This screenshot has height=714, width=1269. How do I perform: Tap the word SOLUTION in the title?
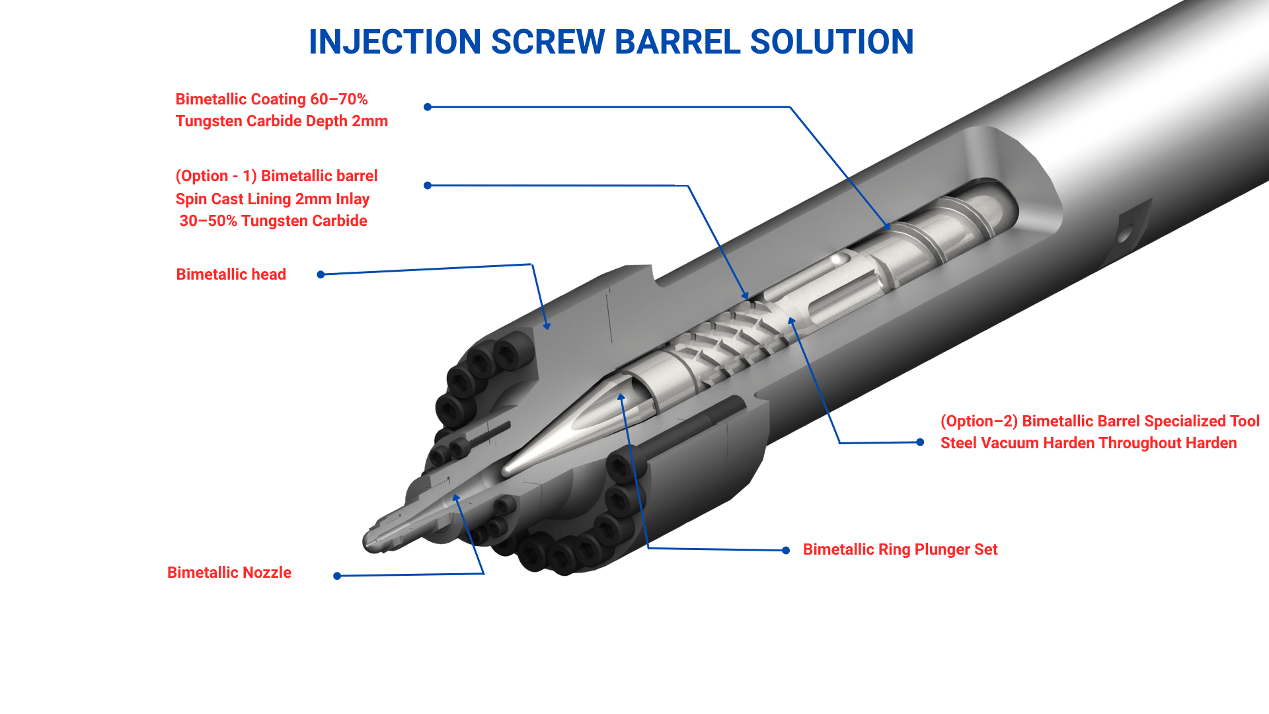[832, 42]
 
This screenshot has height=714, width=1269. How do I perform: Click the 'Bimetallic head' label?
[231, 274]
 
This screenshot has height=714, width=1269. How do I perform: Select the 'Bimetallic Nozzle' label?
[229, 573]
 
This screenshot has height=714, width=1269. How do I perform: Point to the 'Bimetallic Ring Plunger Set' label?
[900, 549]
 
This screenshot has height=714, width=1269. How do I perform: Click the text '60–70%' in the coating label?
[339, 99]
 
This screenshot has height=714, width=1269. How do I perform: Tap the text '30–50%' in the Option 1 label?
[208, 221]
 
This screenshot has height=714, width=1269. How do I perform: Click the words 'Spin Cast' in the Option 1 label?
[210, 199]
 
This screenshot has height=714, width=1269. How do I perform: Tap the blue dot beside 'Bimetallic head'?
[321, 274]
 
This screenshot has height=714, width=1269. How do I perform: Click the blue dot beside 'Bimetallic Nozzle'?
[337, 576]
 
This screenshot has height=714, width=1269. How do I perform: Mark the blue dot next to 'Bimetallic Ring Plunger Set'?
[786, 550]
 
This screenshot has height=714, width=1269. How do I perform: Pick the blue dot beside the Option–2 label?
[920, 442]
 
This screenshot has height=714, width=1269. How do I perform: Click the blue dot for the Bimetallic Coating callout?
[428, 107]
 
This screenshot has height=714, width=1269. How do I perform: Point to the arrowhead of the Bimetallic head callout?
[547, 325]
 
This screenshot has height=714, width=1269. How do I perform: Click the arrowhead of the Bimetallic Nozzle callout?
[455, 497]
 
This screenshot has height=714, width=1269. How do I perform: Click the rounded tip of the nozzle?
[367, 542]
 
